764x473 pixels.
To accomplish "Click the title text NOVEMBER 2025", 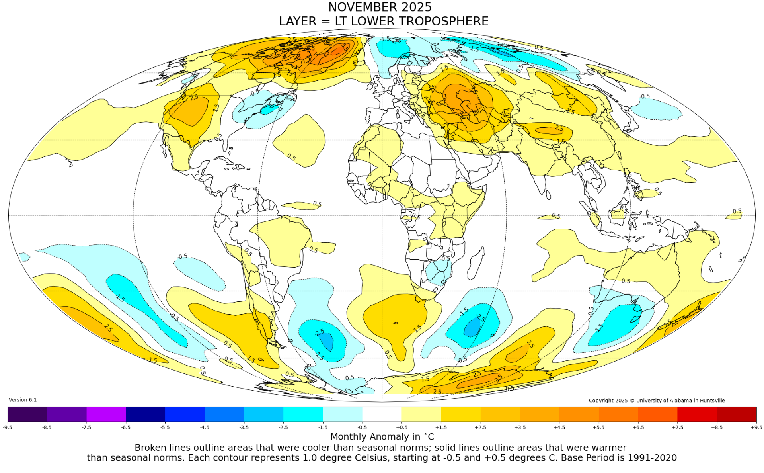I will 380,7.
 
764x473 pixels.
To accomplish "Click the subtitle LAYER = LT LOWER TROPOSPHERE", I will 384,21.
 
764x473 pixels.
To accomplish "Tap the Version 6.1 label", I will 23,400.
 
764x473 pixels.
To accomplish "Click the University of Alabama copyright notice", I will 657,401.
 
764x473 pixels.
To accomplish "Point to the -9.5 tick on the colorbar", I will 8,427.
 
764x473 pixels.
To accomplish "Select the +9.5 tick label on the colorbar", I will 756,427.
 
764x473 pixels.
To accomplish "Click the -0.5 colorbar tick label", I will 362,427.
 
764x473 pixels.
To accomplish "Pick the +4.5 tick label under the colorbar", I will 559,427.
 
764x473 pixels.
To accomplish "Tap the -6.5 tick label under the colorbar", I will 126,427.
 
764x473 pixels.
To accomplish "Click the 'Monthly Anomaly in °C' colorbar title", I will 382,437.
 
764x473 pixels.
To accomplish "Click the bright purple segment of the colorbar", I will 106,414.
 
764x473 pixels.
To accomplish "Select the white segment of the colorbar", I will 382,414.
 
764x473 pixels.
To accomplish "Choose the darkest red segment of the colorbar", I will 737,414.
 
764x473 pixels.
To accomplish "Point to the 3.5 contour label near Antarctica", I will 499,378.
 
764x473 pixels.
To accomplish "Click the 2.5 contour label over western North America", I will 194,97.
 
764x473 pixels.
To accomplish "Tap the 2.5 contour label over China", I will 559,128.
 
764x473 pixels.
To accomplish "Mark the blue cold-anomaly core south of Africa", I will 473,327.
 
